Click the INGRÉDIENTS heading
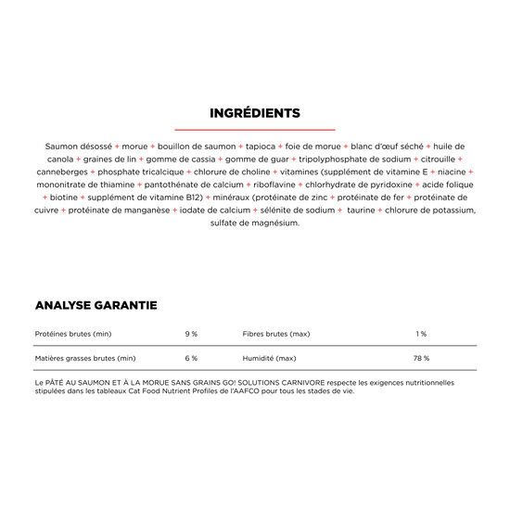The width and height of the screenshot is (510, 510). [x=255, y=113]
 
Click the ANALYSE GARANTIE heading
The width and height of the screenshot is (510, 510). [x=96, y=305]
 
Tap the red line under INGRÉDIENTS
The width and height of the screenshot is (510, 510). [x=255, y=130]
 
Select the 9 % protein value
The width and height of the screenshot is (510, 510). [x=191, y=333]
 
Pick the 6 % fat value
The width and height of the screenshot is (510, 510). [x=191, y=358]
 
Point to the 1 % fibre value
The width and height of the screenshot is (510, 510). [x=421, y=333]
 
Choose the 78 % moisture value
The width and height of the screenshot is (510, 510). [x=421, y=358]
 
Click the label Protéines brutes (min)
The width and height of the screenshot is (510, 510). [x=73, y=333]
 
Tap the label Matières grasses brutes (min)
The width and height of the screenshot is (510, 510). [x=85, y=358]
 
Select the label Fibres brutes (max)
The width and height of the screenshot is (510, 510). [x=276, y=333]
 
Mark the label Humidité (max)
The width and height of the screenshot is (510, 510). [x=270, y=358]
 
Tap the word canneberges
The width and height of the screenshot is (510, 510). [x=60, y=172]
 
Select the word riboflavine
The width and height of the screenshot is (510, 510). [x=278, y=185]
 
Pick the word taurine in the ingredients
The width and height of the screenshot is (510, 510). [x=363, y=210]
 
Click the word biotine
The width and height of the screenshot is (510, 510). [x=64, y=198]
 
